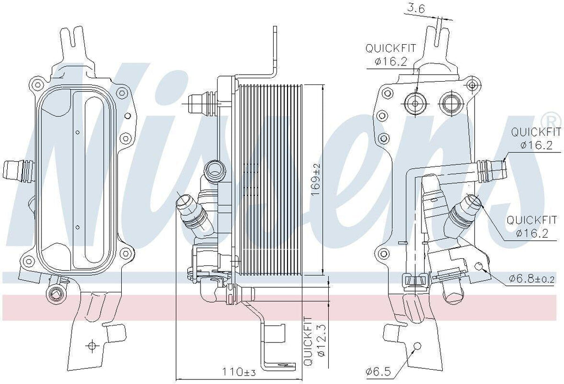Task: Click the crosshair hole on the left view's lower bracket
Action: click(x=92, y=346)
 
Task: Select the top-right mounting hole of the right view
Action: click(x=471, y=84)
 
